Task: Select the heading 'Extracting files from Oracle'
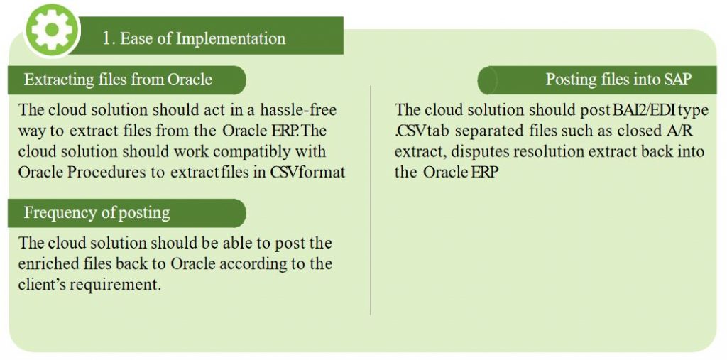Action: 118,79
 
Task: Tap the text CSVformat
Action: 308,173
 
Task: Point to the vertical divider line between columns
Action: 371,199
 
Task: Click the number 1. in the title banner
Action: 109,38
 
